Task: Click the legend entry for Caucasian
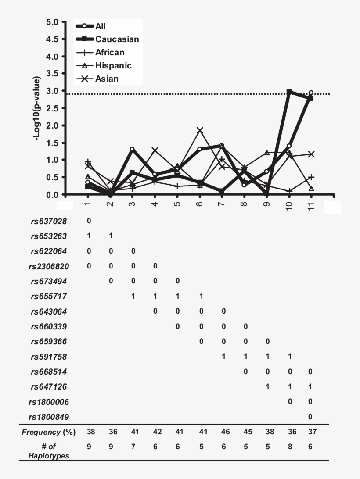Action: (117, 39)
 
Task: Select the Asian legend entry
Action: (107, 79)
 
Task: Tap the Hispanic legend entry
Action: (113, 66)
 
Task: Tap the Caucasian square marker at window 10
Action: (289, 92)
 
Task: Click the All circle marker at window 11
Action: (311, 93)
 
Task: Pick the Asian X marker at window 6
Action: (200, 130)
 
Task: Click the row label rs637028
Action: (49, 221)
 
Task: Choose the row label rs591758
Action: (49, 357)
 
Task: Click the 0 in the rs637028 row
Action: (89, 221)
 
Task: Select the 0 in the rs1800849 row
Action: (311, 417)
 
